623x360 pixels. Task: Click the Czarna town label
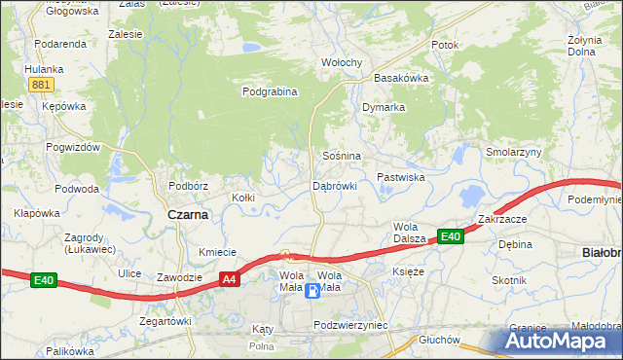tap(188, 215)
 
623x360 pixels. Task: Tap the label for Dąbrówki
tap(335, 185)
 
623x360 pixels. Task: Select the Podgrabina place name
tap(269, 91)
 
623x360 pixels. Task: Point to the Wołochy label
tap(342, 62)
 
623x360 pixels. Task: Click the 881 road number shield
tap(40, 85)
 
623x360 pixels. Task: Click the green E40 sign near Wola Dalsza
tap(449, 236)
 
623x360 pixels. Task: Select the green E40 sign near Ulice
tap(43, 281)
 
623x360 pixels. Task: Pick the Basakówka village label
tap(401, 78)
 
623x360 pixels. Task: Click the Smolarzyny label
tap(514, 153)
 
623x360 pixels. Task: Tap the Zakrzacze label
tap(501, 219)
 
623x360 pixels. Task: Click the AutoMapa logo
tap(560, 342)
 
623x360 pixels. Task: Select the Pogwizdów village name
tap(73, 147)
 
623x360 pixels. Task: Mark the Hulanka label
tap(44, 69)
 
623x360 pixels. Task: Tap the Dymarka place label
tap(383, 107)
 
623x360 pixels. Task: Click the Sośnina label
tap(342, 156)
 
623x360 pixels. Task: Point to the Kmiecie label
tap(218, 252)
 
